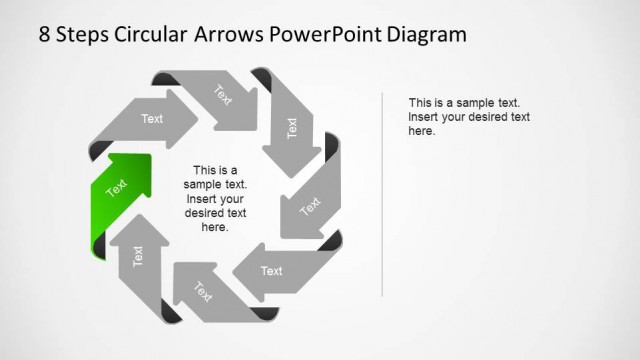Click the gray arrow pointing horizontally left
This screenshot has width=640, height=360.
tap(270, 270)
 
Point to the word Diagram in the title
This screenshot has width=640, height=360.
tap(429, 35)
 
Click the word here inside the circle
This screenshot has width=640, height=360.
tap(215, 227)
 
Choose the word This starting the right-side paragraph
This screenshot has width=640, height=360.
tap(421, 103)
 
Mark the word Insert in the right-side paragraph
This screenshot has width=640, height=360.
tap(425, 117)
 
